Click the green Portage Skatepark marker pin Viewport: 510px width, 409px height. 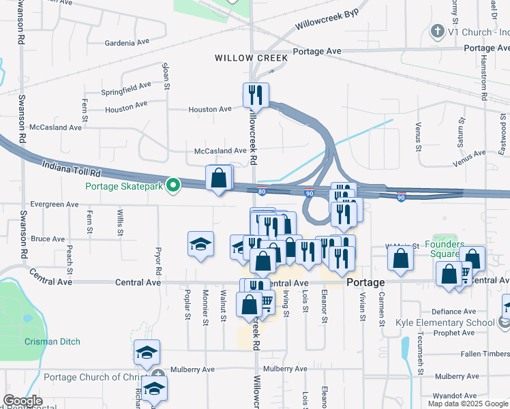(x=174, y=185)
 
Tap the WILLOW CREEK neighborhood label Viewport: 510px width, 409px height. (x=251, y=58)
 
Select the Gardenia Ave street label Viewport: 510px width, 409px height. (x=127, y=43)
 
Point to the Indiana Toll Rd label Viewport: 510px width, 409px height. (x=71, y=170)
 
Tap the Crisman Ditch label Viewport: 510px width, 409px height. (x=52, y=342)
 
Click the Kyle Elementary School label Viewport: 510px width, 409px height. (x=445, y=322)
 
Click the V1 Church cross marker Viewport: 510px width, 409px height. (x=437, y=31)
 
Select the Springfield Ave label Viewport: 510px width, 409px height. (x=126, y=89)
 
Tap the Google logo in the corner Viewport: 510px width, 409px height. (x=23, y=401)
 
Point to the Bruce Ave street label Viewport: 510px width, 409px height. (x=48, y=239)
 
